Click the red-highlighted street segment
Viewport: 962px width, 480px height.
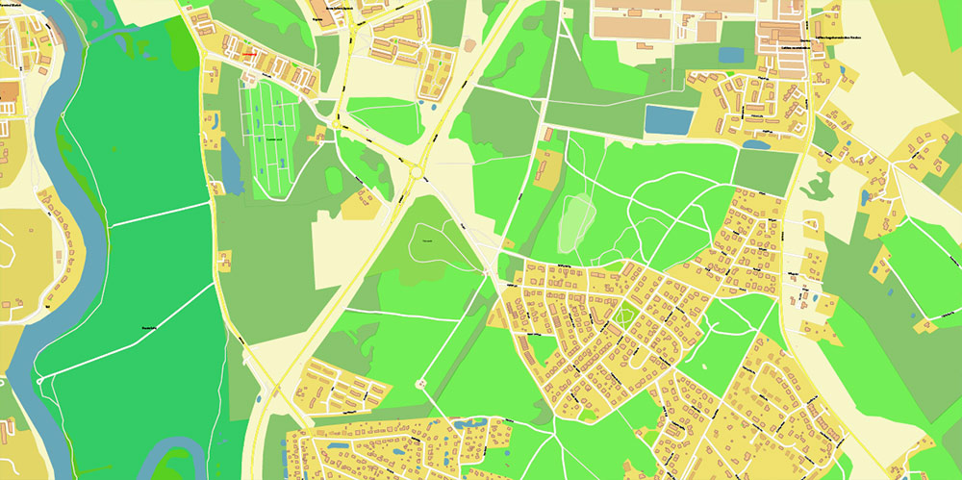[249, 55]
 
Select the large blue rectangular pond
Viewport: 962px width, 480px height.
[667, 120]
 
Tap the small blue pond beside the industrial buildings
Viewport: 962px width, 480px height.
[731, 55]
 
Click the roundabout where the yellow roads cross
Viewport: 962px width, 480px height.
[417, 171]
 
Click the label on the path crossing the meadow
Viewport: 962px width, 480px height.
[149, 327]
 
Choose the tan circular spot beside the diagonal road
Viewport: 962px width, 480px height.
[469, 44]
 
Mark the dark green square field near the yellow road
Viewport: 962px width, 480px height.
[766, 169]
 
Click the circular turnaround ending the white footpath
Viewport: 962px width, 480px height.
[420, 384]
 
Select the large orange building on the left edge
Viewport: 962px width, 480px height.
[8, 92]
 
